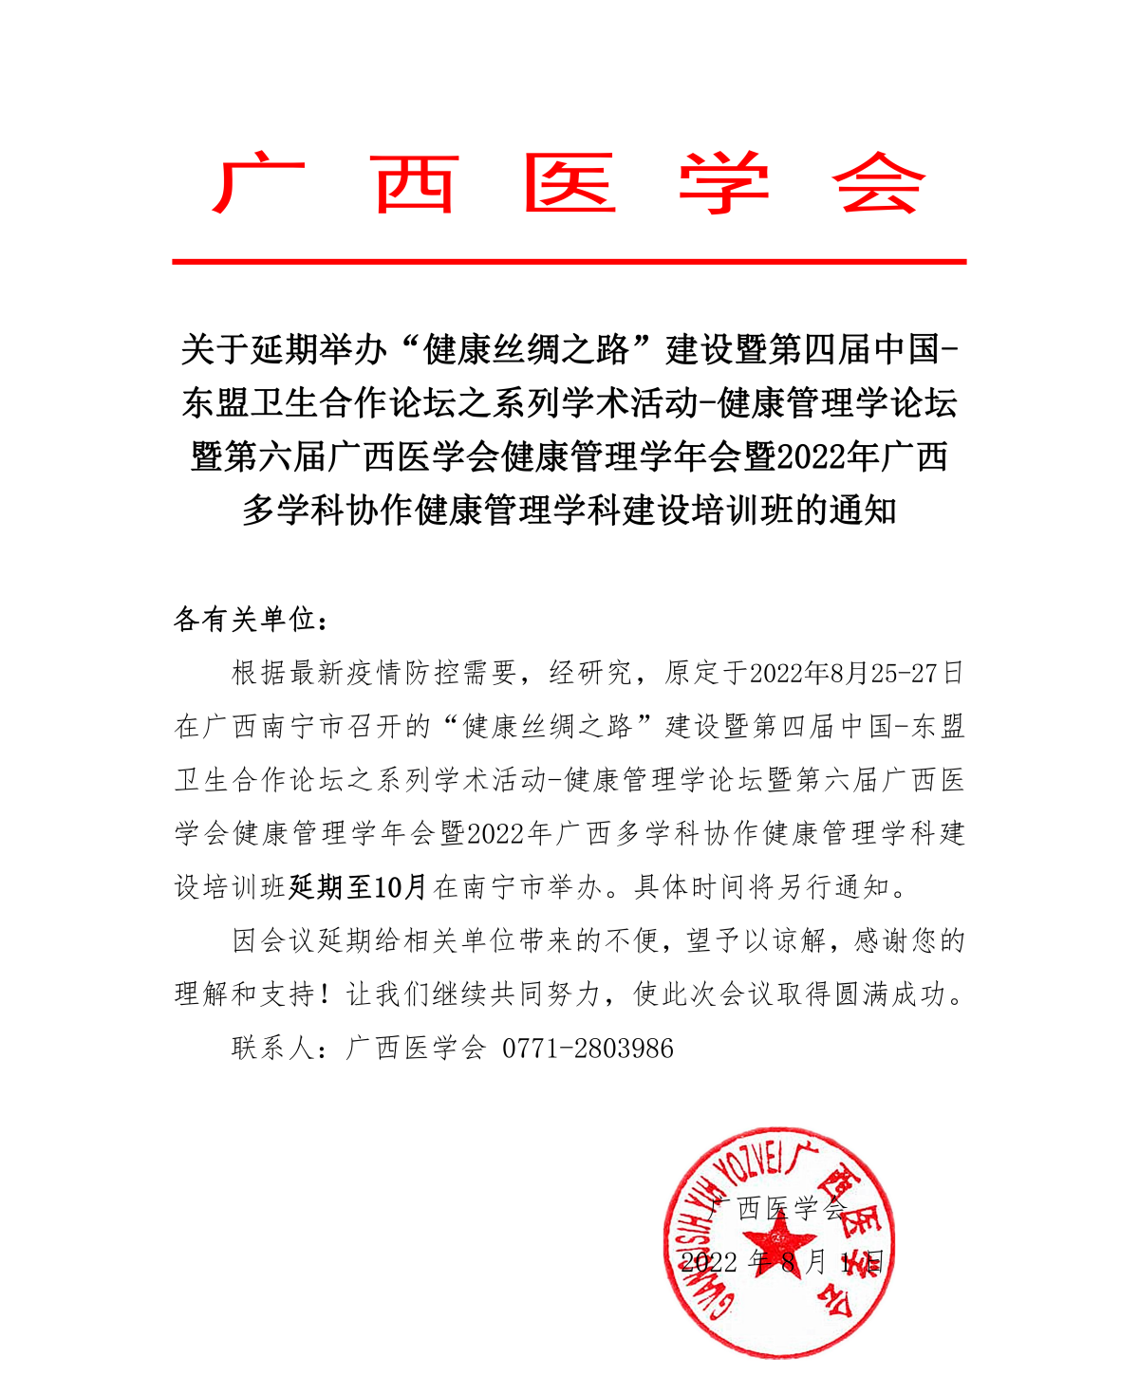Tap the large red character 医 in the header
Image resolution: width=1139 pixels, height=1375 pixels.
tap(570, 183)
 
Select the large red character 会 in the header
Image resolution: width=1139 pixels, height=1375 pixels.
tap(878, 183)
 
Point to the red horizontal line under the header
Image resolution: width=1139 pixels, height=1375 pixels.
tap(569, 261)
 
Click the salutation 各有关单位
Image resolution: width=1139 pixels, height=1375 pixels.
tap(246, 620)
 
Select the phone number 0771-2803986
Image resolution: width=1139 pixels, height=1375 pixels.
tap(588, 1049)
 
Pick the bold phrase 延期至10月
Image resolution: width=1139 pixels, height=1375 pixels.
tap(358, 887)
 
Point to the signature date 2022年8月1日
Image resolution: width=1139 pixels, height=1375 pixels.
tap(782, 1262)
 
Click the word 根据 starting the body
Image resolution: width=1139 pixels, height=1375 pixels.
tap(259, 674)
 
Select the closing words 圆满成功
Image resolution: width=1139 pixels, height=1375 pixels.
tap(906, 994)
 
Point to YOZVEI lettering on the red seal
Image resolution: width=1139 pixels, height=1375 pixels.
tap(749, 1163)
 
